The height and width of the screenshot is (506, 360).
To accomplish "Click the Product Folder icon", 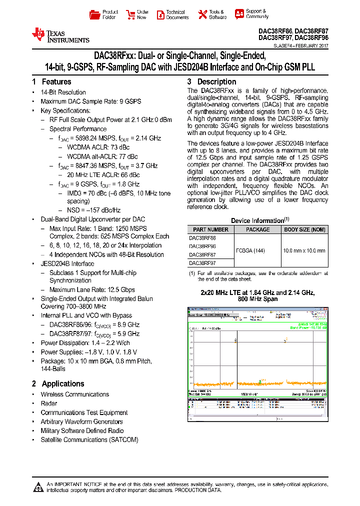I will [x=94, y=14].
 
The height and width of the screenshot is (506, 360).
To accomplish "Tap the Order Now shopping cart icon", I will [x=130, y=14].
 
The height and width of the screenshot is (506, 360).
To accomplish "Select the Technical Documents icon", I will [x=160, y=14].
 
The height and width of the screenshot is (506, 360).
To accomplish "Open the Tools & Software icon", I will [x=202, y=14].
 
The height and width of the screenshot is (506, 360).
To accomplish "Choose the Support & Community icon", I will [x=239, y=14].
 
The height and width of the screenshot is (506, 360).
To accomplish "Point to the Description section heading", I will [x=216, y=81].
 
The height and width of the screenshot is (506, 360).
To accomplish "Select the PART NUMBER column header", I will [x=210, y=229].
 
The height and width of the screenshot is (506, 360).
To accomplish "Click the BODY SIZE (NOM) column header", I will [x=304, y=229].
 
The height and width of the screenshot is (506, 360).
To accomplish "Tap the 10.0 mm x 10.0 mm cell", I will [x=304, y=250].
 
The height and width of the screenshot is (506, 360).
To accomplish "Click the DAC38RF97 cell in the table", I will [x=202, y=262].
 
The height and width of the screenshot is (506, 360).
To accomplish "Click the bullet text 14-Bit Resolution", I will [x=63, y=92].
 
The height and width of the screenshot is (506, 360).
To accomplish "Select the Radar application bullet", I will [x=49, y=403].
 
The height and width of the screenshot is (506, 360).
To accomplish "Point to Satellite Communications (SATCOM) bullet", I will [x=89, y=439].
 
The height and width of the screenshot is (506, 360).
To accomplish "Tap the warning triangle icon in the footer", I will [x=37, y=487].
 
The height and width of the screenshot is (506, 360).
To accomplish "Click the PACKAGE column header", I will [x=257, y=229].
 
